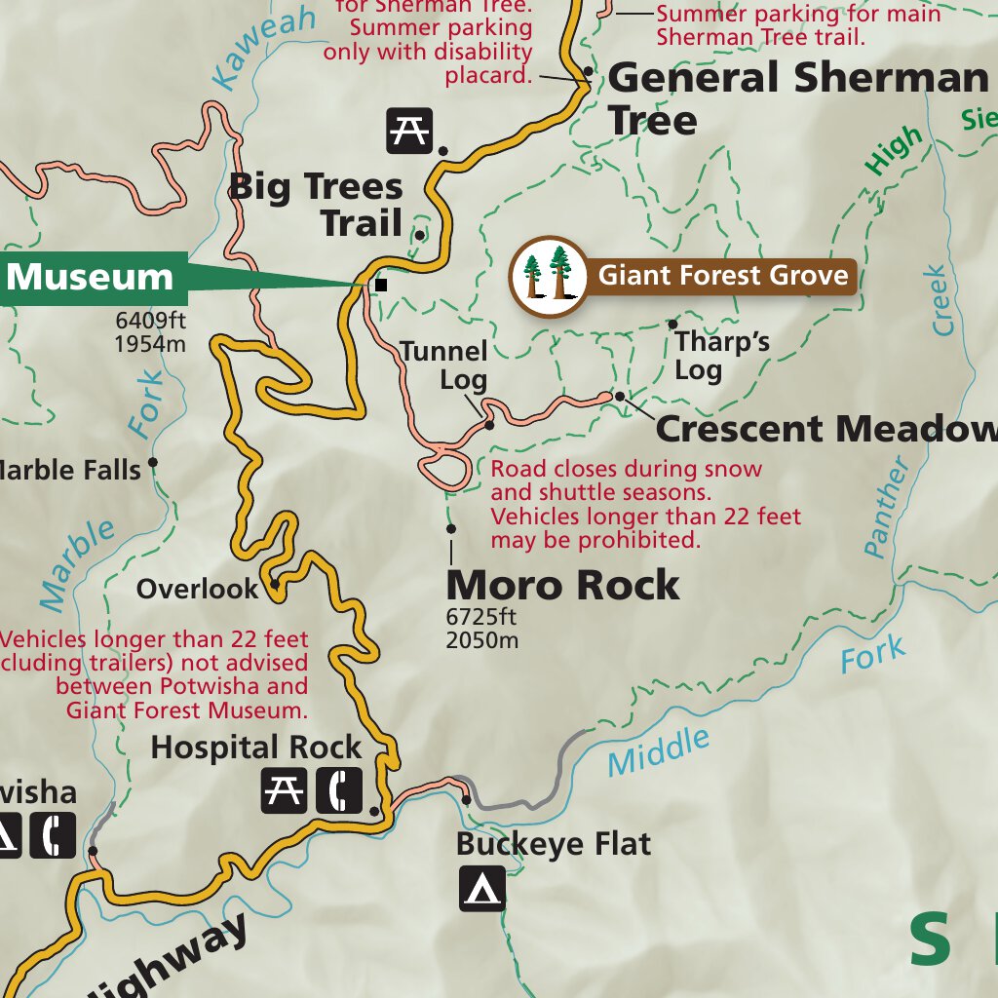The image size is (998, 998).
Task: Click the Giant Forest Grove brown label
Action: tap(722, 276)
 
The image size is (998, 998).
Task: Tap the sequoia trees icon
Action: tap(549, 276)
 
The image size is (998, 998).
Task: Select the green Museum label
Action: tap(91, 277)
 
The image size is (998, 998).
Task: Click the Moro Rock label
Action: tap(562, 586)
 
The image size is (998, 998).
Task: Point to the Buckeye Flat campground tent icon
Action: tap(482, 888)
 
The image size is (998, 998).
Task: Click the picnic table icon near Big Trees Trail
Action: tap(409, 130)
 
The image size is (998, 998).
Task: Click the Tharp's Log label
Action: tap(721, 356)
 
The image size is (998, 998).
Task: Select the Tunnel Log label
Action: tap(444, 365)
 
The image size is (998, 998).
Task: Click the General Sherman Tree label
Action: tap(797, 98)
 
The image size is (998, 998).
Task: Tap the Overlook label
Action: tap(198, 589)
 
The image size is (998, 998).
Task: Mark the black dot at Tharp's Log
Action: tap(672, 324)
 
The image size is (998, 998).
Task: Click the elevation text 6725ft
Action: tap(481, 617)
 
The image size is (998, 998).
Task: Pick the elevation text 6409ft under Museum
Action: tap(150, 319)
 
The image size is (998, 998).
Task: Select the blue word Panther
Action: tap(888, 508)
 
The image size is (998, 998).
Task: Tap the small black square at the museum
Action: tap(381, 285)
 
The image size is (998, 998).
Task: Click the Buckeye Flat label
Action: tap(553, 843)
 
